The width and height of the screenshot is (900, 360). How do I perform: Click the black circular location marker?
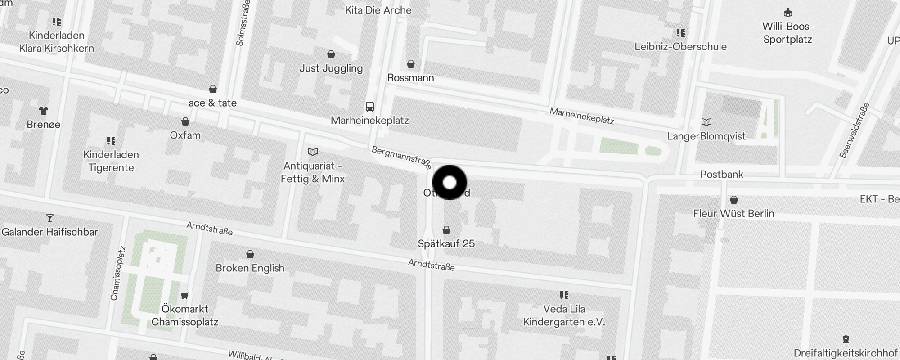[x=450, y=183]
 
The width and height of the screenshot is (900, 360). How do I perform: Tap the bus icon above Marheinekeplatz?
[x=370, y=107]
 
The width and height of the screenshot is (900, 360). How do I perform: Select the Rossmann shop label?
[x=410, y=78]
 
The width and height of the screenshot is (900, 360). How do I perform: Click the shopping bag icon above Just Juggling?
[x=331, y=55]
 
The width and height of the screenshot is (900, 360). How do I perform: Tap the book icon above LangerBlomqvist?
[x=706, y=122]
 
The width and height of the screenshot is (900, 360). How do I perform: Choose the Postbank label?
[x=721, y=175]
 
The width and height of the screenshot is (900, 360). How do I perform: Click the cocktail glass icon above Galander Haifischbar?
[x=50, y=218]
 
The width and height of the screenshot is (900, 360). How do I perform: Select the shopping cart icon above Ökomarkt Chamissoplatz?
[x=184, y=295]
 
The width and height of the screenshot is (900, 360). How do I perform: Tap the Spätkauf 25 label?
[x=446, y=244]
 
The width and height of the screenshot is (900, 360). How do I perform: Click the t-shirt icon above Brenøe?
[x=44, y=110]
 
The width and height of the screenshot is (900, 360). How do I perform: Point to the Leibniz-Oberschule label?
[x=680, y=47]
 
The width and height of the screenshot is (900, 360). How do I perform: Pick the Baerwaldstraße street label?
[x=855, y=130]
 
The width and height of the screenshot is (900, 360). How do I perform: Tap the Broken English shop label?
[x=250, y=268]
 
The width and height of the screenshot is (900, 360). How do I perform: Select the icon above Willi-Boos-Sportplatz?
[x=787, y=12]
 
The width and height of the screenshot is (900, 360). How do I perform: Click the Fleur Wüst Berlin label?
[x=733, y=214]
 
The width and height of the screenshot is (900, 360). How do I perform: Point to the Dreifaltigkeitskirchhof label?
[x=846, y=353]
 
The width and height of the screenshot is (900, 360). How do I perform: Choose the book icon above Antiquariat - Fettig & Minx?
[x=312, y=152]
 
